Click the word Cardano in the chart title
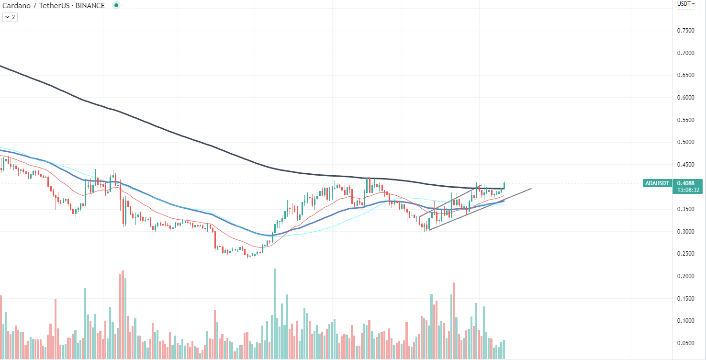(x=16, y=6)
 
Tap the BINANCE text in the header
(x=90, y=6)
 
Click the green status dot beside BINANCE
(x=116, y=5)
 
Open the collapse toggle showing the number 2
(x=10, y=17)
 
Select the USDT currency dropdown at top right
(x=686, y=4)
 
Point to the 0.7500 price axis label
(x=685, y=31)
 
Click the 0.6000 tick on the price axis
(x=685, y=98)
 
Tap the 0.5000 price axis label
(x=685, y=142)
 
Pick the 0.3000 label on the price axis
(x=685, y=232)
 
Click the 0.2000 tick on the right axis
(x=685, y=276)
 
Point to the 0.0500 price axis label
(x=685, y=343)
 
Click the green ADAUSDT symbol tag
(x=657, y=183)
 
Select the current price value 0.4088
(x=686, y=183)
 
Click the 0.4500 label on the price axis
(x=685, y=165)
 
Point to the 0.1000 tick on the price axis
(x=685, y=321)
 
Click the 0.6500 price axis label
(x=685, y=75)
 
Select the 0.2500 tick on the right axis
(x=685, y=254)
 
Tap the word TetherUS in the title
(x=54, y=6)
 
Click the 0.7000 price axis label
(x=685, y=53)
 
